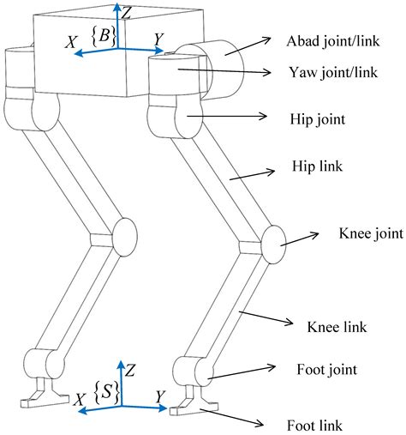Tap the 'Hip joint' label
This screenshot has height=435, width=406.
coord(319,120)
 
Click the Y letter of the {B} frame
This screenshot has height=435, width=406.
coord(156,39)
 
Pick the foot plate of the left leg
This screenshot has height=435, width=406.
coord(43,397)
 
